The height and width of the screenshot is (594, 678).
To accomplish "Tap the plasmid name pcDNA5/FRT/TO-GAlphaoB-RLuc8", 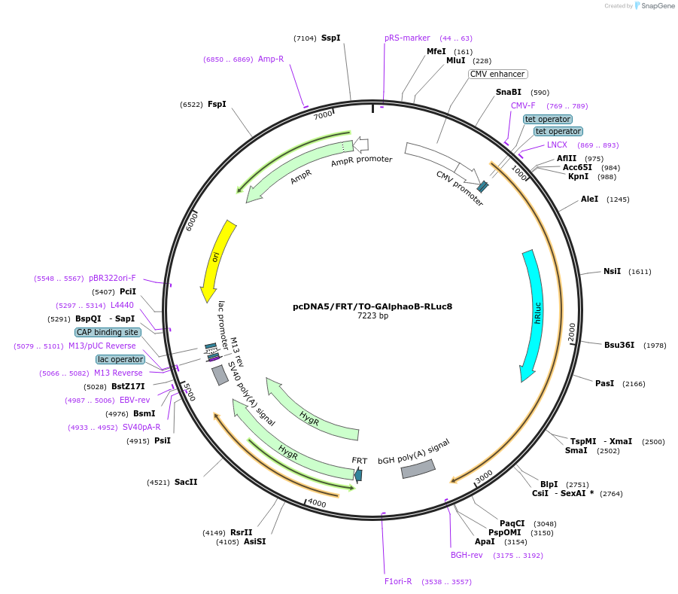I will click(x=372, y=306).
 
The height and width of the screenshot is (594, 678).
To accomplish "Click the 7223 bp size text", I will click(x=372, y=316).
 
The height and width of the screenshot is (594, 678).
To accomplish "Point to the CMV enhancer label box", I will click(x=497, y=74).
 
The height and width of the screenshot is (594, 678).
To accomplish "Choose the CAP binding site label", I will click(x=108, y=332).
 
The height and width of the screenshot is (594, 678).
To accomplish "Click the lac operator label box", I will click(x=120, y=359).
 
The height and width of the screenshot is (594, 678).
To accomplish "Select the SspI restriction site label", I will click(x=331, y=38).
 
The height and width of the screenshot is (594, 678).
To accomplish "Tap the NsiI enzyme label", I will click(x=612, y=271).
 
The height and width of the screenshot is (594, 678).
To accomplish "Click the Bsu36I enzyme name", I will click(x=619, y=345).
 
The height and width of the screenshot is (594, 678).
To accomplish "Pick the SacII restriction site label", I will click(x=186, y=482).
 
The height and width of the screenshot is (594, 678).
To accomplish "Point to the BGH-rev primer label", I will click(x=467, y=556).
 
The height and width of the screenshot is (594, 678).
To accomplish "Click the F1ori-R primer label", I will click(x=398, y=581).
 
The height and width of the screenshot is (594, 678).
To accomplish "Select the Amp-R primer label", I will click(x=271, y=59).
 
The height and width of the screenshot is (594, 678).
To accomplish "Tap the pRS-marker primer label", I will click(x=407, y=38).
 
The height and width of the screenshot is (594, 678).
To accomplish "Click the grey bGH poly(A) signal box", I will click(x=418, y=469).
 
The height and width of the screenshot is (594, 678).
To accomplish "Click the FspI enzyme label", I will click(x=217, y=104).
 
